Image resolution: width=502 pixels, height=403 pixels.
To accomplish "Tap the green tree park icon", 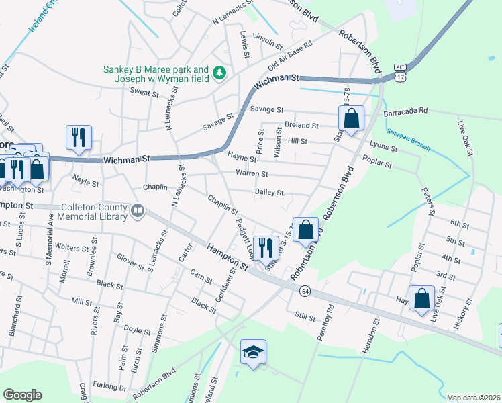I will [219, 72].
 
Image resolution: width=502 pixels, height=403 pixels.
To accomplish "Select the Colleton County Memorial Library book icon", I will [138, 211].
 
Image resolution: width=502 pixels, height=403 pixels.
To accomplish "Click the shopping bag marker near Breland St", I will [351, 119].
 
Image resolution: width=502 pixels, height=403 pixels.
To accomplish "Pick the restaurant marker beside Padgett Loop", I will [266, 248].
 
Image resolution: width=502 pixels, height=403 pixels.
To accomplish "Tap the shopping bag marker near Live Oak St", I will [421, 298].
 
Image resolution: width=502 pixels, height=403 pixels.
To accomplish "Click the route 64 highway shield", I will [305, 290].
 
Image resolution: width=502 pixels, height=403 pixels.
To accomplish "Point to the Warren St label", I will [252, 173].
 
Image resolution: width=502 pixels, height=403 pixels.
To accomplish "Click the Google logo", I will [22, 395].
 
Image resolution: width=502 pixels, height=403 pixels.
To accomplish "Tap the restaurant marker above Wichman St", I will [79, 138].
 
